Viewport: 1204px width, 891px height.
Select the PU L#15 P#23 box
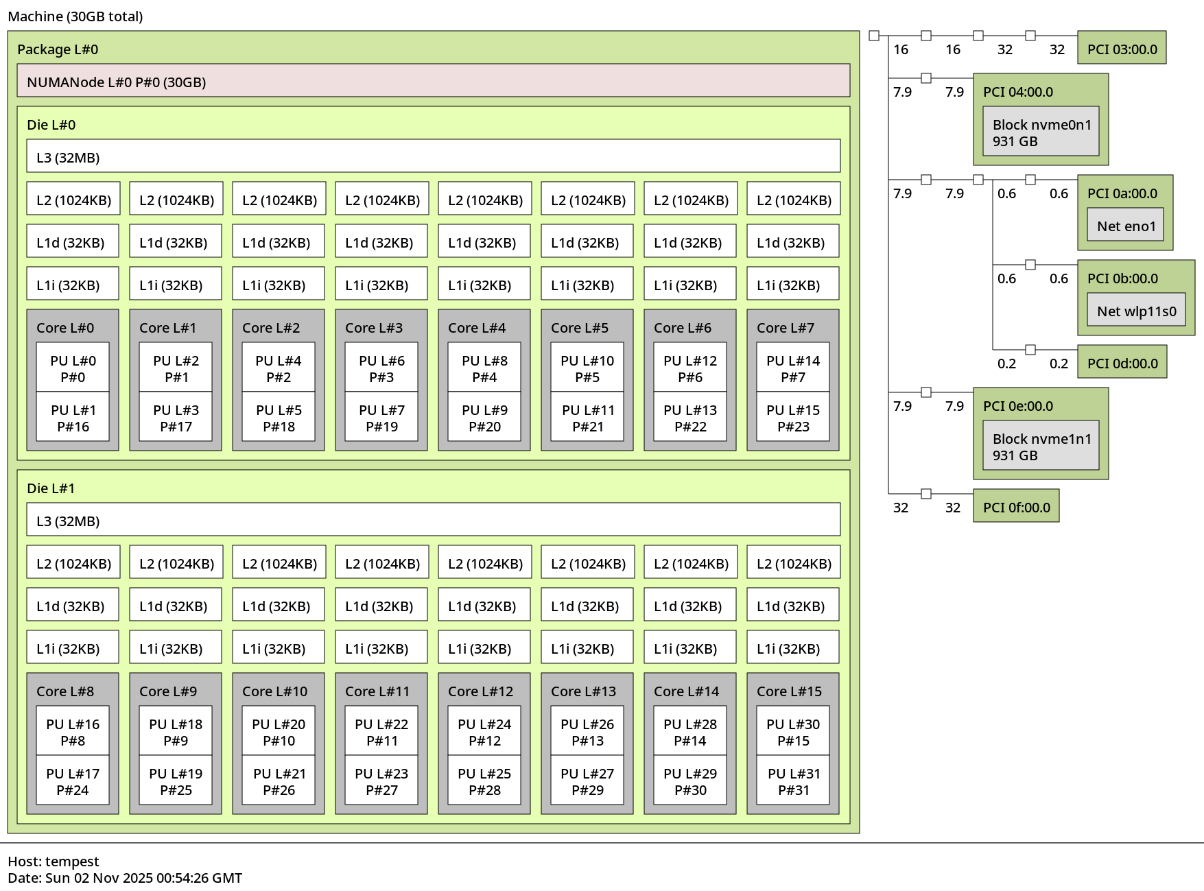[x=793, y=417]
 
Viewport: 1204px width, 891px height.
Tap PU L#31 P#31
[x=793, y=781]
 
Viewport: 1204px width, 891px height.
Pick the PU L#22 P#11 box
[x=381, y=731]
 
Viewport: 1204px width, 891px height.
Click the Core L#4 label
[x=477, y=328]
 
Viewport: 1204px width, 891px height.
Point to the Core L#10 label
[x=274, y=691]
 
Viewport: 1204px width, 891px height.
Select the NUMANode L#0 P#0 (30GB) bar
[x=433, y=81]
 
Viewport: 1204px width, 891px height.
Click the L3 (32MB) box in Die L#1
[x=433, y=520]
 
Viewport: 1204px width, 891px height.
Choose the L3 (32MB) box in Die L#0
[x=433, y=156]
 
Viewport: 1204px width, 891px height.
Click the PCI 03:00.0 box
[x=1122, y=48]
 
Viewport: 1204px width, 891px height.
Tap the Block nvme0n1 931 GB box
[x=1041, y=132]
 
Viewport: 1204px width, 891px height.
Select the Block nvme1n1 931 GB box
[x=1041, y=446]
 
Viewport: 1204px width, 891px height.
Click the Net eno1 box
[x=1126, y=225]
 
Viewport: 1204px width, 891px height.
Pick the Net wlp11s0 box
[x=1136, y=310]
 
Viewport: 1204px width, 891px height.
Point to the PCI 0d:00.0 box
[x=1122, y=362]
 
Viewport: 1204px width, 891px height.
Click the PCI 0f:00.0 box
[x=1016, y=506]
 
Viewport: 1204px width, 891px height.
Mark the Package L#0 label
[x=58, y=49]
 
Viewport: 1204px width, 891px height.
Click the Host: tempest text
[x=54, y=861]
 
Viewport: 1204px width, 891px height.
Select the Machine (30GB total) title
[x=75, y=16]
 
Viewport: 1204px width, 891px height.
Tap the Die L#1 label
[x=51, y=488]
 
